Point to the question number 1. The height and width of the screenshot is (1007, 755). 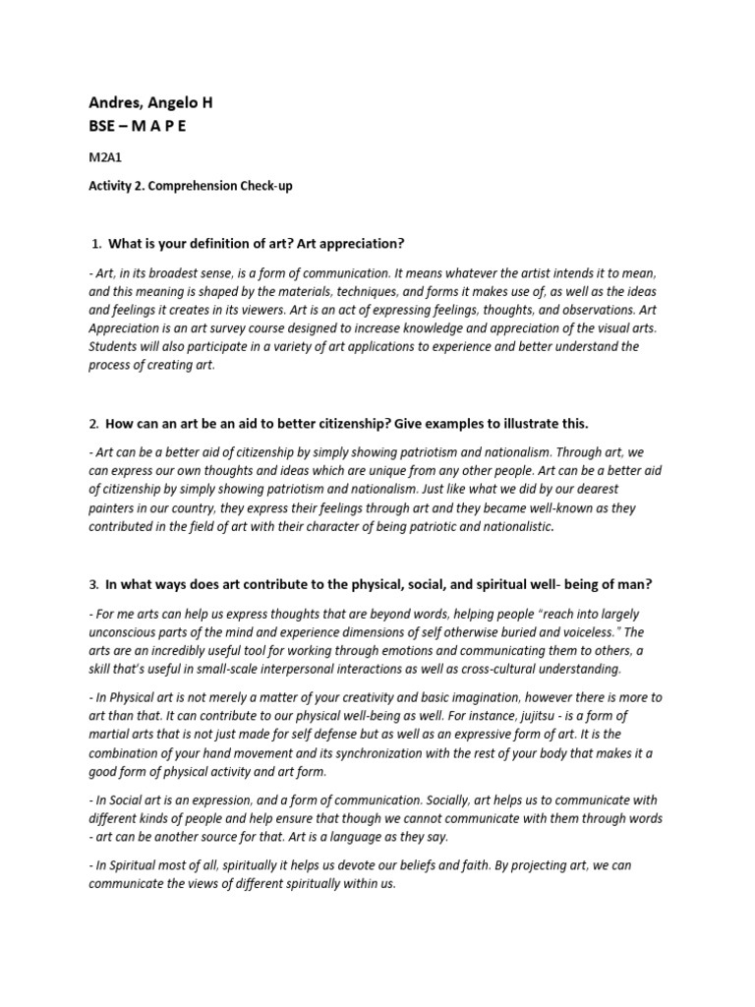[x=95, y=243]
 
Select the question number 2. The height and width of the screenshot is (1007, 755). [x=93, y=424]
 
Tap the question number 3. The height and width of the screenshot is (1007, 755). [x=93, y=584]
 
